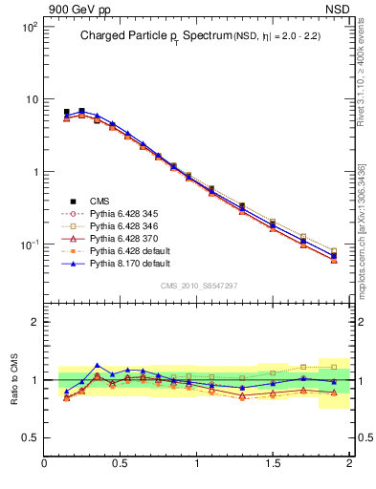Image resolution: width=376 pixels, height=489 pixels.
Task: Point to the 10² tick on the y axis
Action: pyautogui.click(x=29, y=27)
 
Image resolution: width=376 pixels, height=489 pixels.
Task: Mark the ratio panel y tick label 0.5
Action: pyautogui.click(x=31, y=437)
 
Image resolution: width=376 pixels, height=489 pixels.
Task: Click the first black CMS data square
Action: pyautogui.click(x=66, y=112)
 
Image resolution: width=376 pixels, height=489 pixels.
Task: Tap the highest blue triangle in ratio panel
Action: pyautogui.click(x=97, y=365)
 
